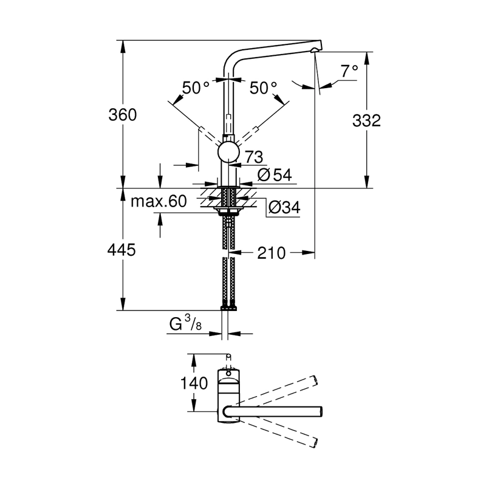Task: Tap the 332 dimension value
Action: pos(366,120)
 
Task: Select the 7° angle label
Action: pos(349,72)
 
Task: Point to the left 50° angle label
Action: pos(196,87)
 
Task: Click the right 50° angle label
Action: pos(263,87)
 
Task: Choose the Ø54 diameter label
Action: pos(275,176)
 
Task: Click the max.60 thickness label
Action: pos(158,202)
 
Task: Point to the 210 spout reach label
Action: pos(271,252)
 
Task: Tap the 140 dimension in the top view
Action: pos(194,383)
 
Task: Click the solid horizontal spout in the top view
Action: pos(276,411)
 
